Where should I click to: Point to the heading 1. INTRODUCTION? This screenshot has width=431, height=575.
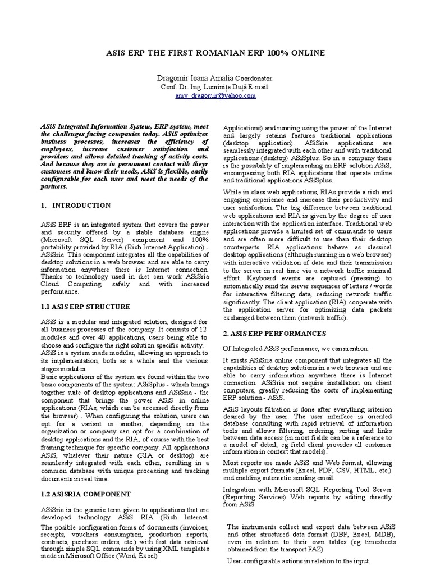[76, 206]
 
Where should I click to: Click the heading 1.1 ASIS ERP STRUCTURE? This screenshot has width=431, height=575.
[85, 307]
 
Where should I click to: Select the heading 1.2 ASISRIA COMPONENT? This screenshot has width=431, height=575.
[85, 494]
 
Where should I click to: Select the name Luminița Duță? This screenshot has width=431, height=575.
[226, 88]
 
